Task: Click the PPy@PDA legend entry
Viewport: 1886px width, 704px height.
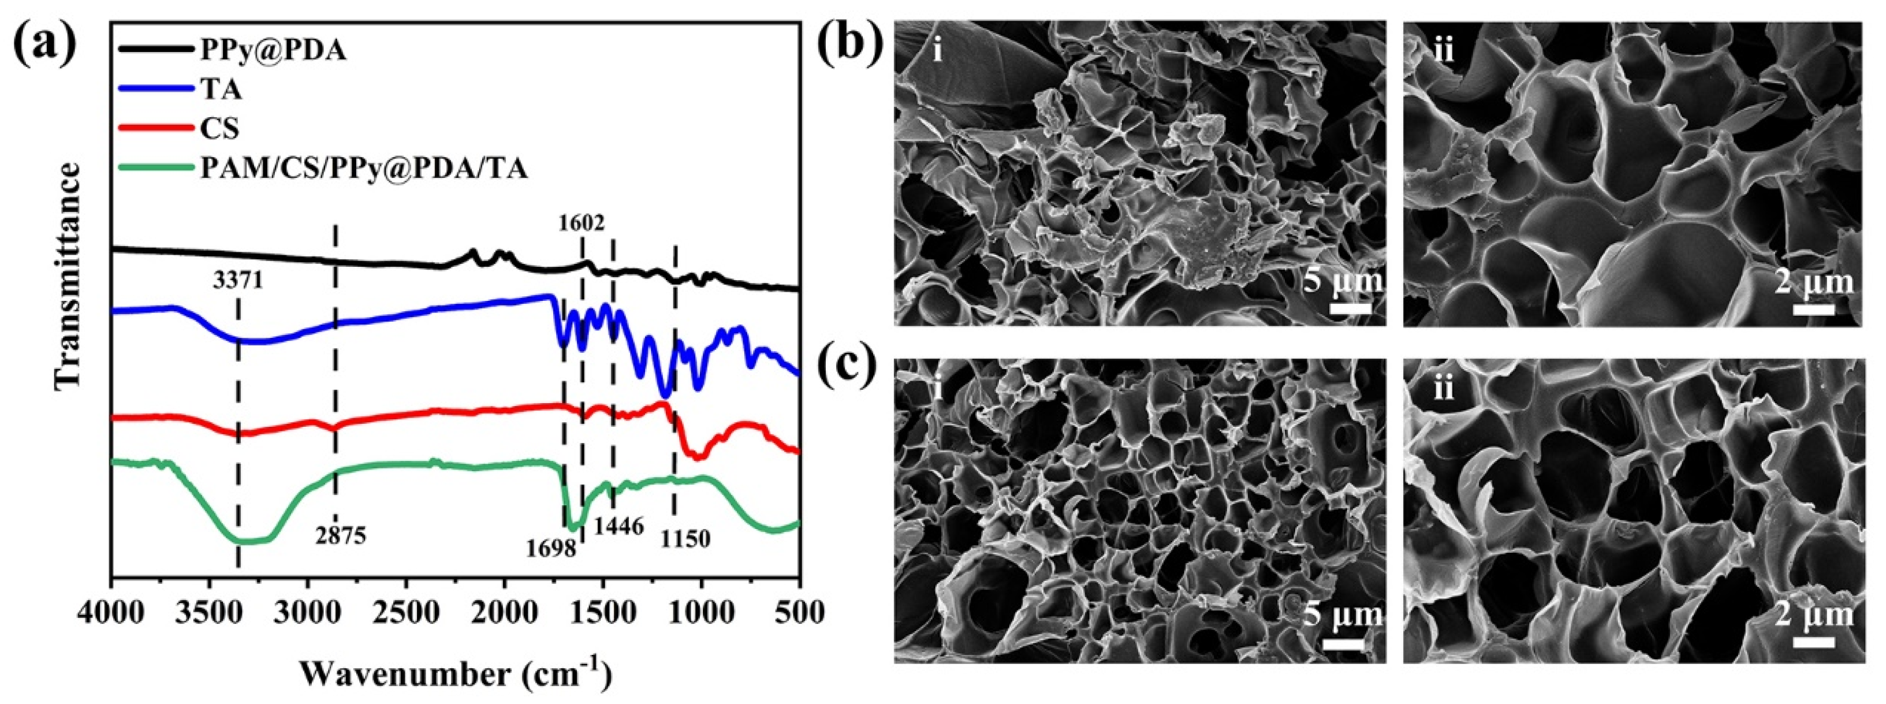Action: coord(273,51)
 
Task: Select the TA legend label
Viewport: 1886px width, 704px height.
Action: coord(221,90)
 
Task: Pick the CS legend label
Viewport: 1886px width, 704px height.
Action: coord(219,129)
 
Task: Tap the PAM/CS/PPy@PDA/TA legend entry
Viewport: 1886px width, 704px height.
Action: coord(364,169)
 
